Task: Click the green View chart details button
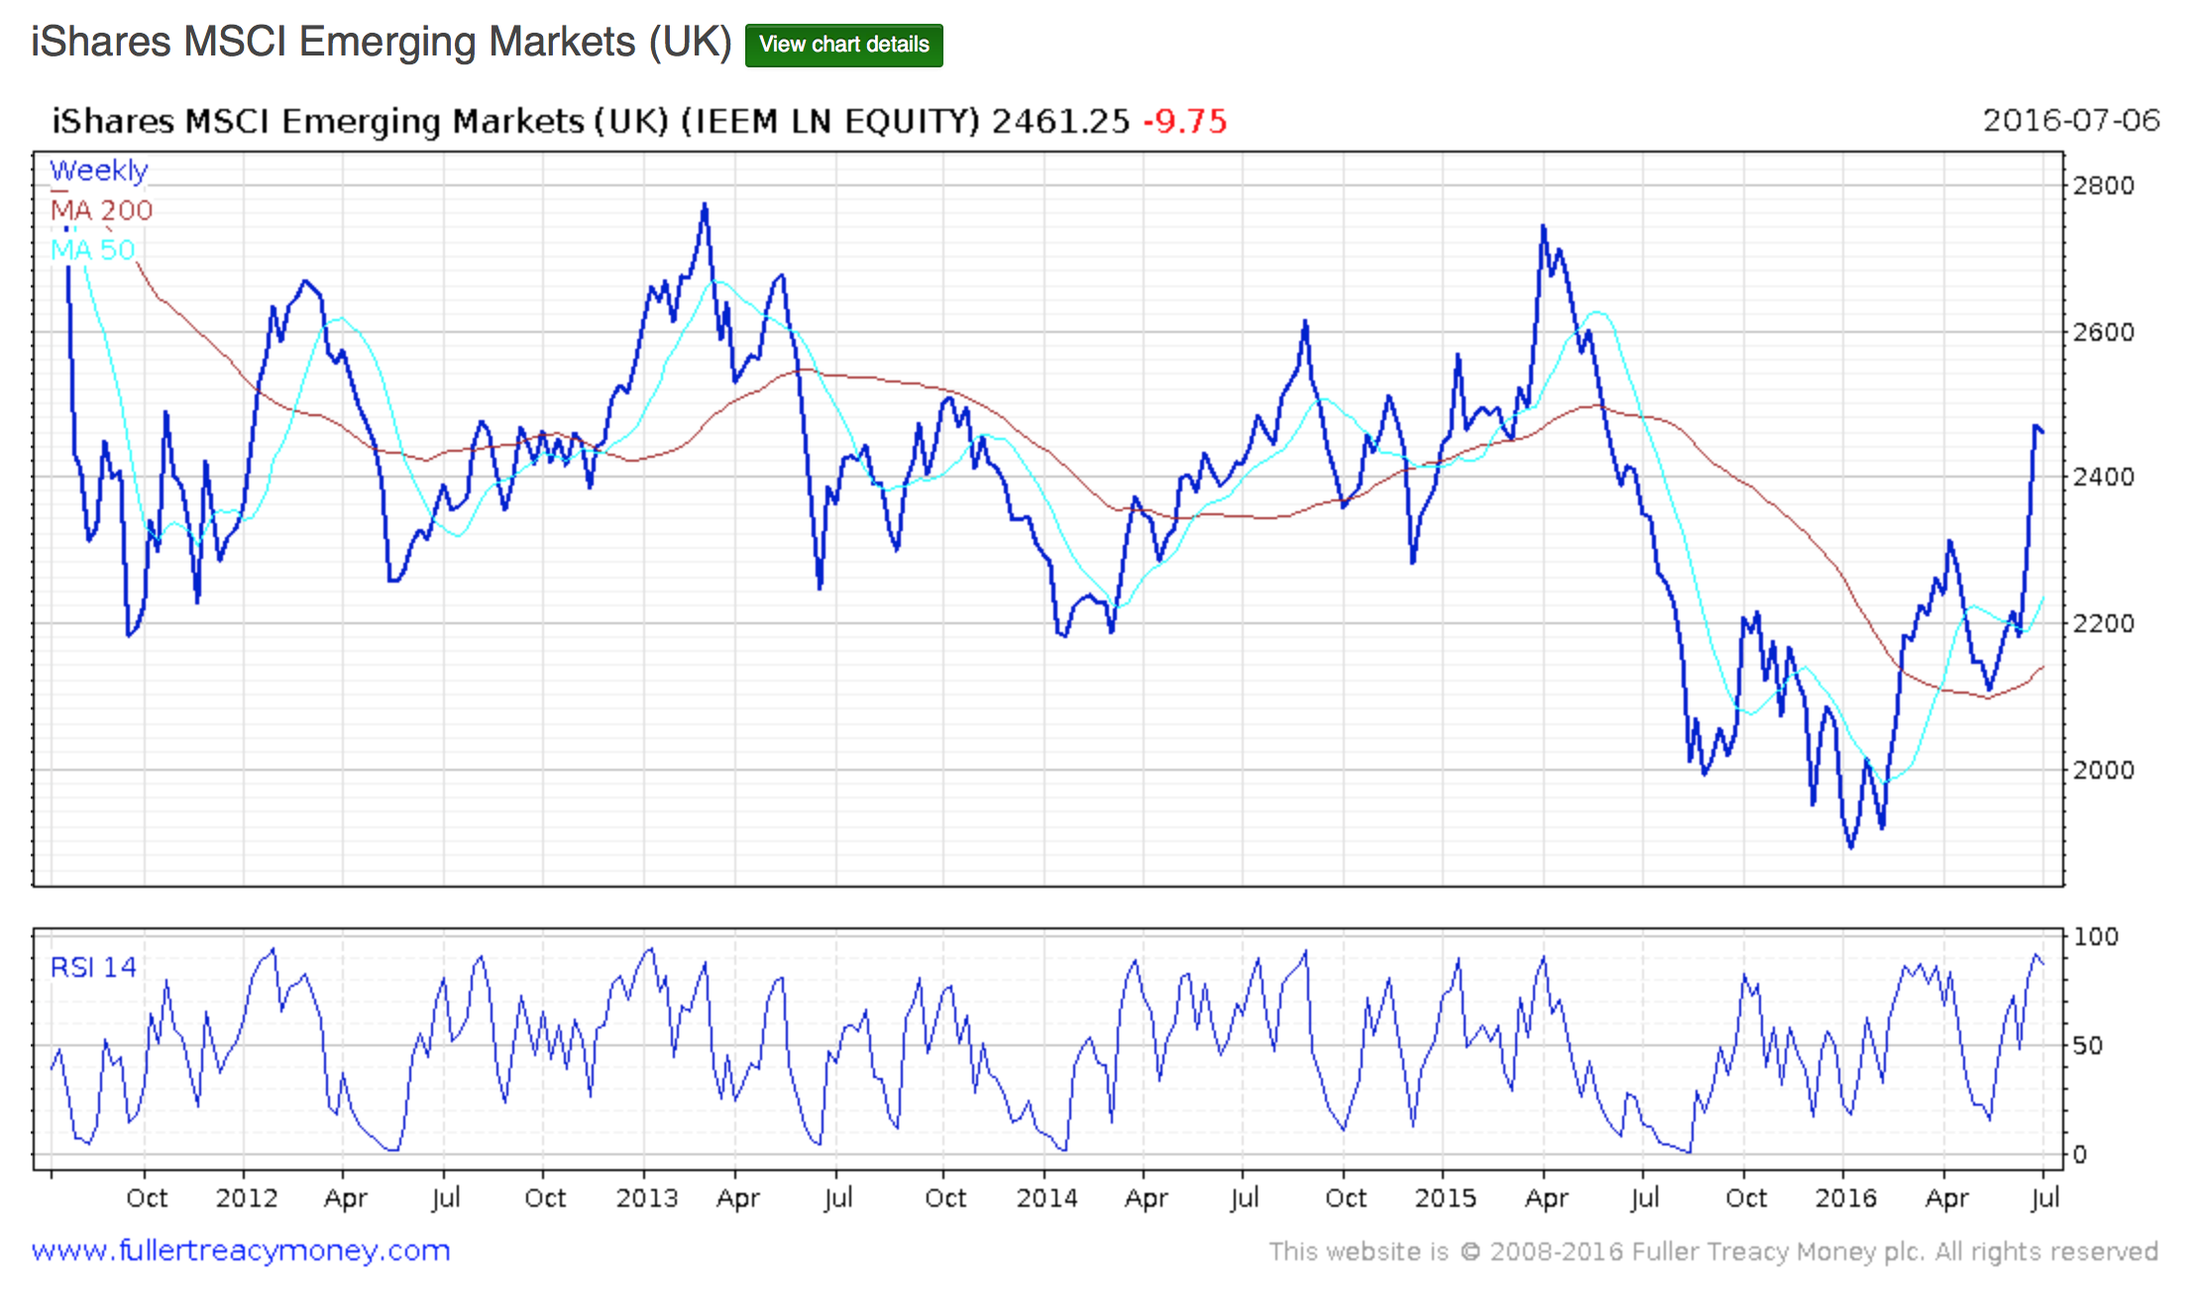click(x=843, y=46)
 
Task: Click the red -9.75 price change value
click(x=1185, y=121)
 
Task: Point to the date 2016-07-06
click(x=2070, y=120)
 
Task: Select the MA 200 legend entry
click(x=101, y=210)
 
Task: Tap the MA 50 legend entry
click(x=92, y=250)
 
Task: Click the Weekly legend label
click(x=98, y=170)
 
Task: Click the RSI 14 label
click(x=93, y=967)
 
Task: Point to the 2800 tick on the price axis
click(x=2103, y=185)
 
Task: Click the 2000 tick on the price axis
click(x=2103, y=770)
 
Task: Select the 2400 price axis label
click(x=2103, y=477)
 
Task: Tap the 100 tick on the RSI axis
click(x=2095, y=936)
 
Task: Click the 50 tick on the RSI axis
click(x=2087, y=1045)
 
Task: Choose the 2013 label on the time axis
click(x=646, y=1198)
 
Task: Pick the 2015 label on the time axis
click(x=1445, y=1198)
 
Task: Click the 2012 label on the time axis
click(x=246, y=1198)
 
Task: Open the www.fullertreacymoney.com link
click(x=241, y=1250)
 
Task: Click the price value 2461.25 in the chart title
click(x=1060, y=121)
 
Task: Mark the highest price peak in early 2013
click(x=705, y=204)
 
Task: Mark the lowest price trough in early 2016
click(x=1851, y=846)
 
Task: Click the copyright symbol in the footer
click(x=1471, y=1251)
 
